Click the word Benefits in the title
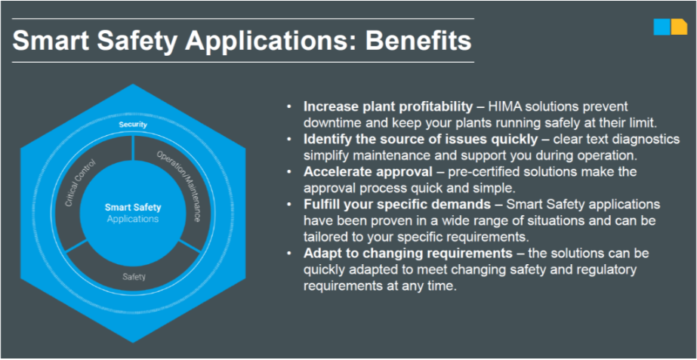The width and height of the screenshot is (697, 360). coord(418,41)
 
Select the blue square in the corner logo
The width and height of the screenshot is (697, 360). coord(662,26)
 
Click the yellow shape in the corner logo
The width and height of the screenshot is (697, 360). coord(679,26)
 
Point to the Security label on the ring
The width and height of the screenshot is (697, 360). coord(132,125)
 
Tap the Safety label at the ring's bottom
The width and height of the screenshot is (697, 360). coord(134,276)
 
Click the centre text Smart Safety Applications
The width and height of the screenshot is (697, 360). coord(133,213)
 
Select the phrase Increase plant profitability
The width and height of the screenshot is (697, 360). coord(388,107)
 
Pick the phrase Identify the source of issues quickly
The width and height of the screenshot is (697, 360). coord(421,140)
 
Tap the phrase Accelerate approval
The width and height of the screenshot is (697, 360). coord(368,172)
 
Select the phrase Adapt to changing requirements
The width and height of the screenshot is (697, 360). coord(408,254)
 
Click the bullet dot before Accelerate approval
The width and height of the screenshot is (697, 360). coord(290,172)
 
